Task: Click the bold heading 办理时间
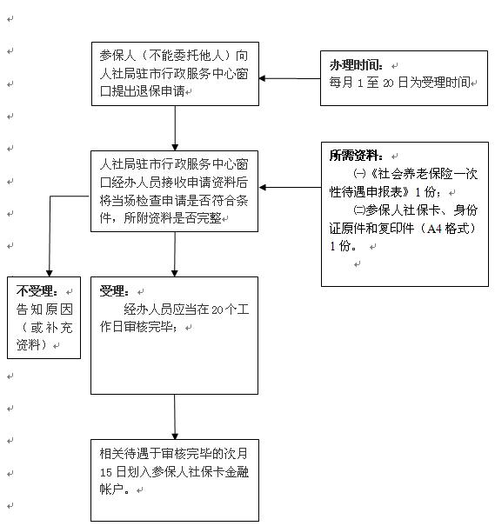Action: [x=356, y=65]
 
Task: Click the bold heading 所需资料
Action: [x=356, y=156]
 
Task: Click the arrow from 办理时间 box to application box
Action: [x=290, y=78]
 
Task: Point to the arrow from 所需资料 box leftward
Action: [x=291, y=187]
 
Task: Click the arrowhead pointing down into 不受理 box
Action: [x=50, y=273]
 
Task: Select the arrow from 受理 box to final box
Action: [x=175, y=417]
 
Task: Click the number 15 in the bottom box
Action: [x=106, y=472]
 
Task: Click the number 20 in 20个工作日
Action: [x=217, y=310]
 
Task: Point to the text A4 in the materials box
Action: [x=434, y=229]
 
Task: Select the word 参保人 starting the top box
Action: [x=117, y=56]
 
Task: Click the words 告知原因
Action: [x=44, y=309]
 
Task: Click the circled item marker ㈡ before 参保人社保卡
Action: [x=359, y=210]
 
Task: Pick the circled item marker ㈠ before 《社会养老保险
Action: [x=359, y=174]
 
